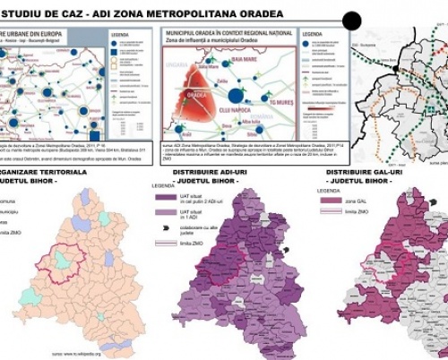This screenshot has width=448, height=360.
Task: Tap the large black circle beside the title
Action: point(353,21)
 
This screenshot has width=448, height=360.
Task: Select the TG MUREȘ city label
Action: point(270,103)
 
